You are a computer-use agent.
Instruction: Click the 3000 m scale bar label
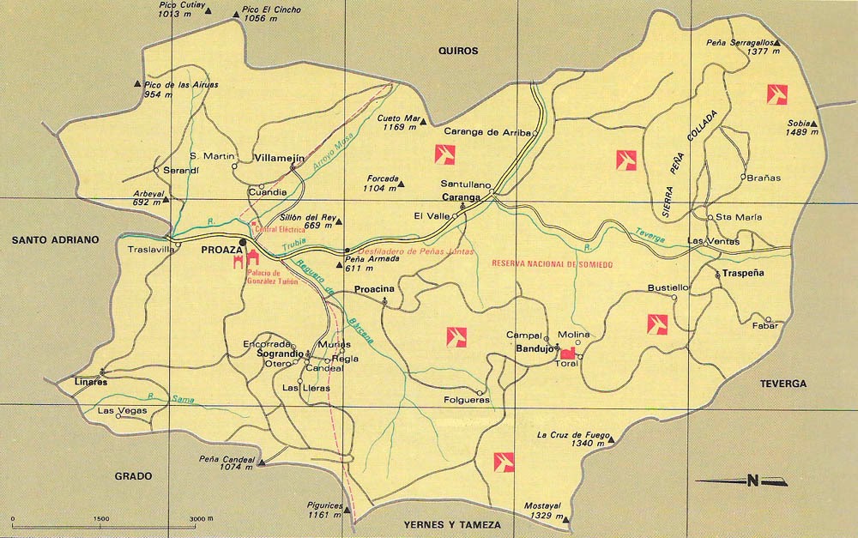click(x=200, y=520)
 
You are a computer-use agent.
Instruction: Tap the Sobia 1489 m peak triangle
click(x=815, y=124)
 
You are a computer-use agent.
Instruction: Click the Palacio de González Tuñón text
click(x=271, y=276)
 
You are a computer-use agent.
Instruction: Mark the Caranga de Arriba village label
click(x=486, y=132)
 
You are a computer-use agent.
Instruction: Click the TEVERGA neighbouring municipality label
click(x=782, y=384)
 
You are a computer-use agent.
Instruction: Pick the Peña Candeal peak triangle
click(x=263, y=463)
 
